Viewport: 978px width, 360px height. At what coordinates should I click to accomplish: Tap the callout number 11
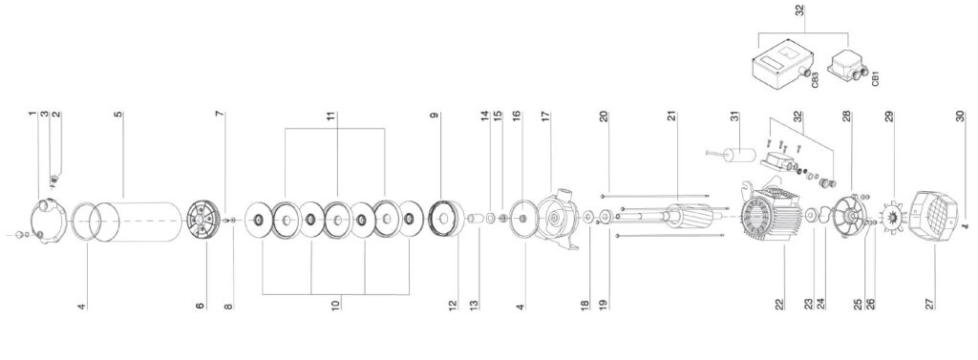pos(331,116)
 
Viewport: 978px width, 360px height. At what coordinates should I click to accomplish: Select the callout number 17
pos(545,116)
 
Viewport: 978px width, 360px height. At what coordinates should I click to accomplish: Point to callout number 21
pos(671,116)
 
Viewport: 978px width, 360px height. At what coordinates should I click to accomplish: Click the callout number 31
pos(734,116)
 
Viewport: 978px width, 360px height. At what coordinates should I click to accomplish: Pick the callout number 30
pos(960,116)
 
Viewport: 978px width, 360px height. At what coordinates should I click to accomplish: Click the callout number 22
pos(779,304)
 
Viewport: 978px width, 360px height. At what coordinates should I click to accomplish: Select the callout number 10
pos(335,306)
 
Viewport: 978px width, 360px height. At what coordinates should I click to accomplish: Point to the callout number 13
pos(474,306)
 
